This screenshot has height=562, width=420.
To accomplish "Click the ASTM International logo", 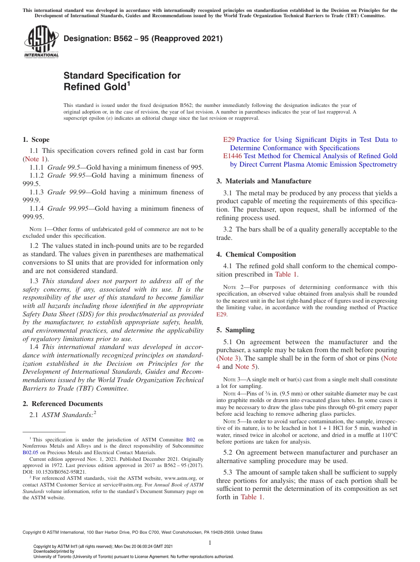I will [41, 42].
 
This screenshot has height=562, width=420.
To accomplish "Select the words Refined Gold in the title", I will [95, 87].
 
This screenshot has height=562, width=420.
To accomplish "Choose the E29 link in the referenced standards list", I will [229, 140].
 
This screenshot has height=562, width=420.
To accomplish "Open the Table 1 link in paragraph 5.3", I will [251, 497].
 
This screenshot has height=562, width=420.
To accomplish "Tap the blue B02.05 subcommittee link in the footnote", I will [30, 452].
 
